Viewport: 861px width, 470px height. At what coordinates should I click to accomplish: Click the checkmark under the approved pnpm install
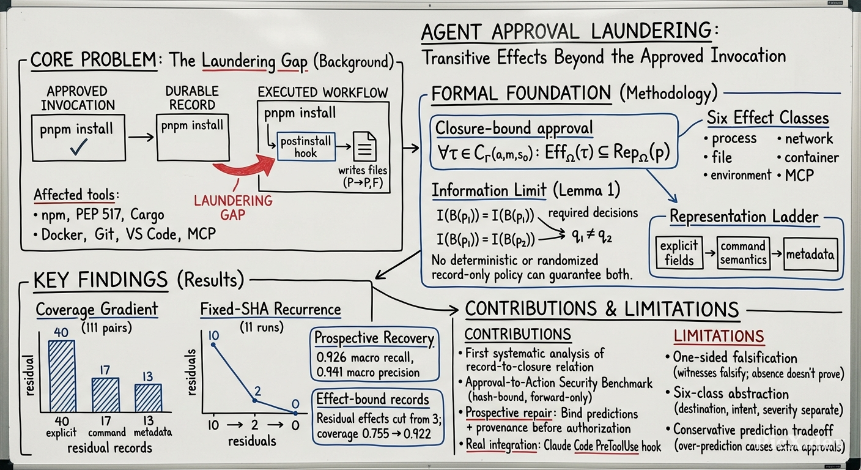pos(79,147)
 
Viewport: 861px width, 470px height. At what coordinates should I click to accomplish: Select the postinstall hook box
pos(306,146)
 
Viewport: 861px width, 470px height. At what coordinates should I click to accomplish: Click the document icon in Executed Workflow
pos(364,146)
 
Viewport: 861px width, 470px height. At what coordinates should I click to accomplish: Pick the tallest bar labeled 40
pos(62,376)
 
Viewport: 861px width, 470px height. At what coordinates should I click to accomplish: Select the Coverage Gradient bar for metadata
pos(148,398)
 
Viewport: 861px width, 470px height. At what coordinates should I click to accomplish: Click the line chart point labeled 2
pos(254,400)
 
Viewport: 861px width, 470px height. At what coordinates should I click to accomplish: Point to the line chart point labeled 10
pos(213,345)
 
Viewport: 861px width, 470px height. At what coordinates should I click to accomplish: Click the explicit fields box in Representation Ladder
pos(679,253)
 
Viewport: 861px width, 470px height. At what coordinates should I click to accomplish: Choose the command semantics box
pos(744,253)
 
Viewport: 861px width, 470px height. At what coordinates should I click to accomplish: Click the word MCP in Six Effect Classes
pos(799,176)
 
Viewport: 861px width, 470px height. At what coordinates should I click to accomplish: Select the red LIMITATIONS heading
pos(719,336)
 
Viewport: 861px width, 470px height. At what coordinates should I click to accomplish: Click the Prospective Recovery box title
pos(374,338)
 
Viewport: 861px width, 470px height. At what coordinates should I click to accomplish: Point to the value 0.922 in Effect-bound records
pos(418,434)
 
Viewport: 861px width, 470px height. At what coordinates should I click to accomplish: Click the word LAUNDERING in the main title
pos(651,31)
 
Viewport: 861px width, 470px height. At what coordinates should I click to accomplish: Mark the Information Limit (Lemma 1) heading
pos(526,190)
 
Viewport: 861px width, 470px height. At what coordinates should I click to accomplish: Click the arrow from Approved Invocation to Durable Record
pos(141,136)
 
